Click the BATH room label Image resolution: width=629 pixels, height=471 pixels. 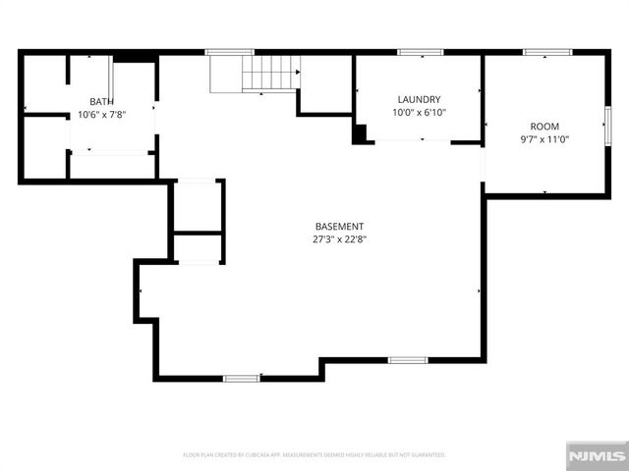tap(101, 102)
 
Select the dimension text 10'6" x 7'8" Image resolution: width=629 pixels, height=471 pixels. tap(101, 114)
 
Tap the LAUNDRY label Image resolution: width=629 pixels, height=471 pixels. tap(419, 100)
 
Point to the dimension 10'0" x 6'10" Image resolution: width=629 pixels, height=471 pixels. tap(419, 113)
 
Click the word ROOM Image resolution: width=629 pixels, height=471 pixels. tap(544, 127)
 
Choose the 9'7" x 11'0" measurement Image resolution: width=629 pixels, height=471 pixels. tap(544, 139)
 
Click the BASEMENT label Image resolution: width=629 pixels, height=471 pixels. tap(340, 226)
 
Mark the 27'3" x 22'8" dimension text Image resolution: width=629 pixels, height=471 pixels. tap(340, 238)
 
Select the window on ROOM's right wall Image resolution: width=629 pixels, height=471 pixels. tap(607, 125)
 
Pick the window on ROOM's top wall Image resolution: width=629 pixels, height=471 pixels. tap(540, 52)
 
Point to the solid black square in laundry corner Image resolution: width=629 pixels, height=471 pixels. tap(360, 134)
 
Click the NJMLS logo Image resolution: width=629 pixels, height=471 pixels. tap(596, 456)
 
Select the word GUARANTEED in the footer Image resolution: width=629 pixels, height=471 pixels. tap(427, 455)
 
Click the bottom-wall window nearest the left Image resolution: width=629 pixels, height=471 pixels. tap(241, 378)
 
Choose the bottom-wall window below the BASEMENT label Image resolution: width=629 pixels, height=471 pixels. tap(407, 360)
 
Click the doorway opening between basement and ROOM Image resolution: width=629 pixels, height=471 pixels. tap(483, 168)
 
